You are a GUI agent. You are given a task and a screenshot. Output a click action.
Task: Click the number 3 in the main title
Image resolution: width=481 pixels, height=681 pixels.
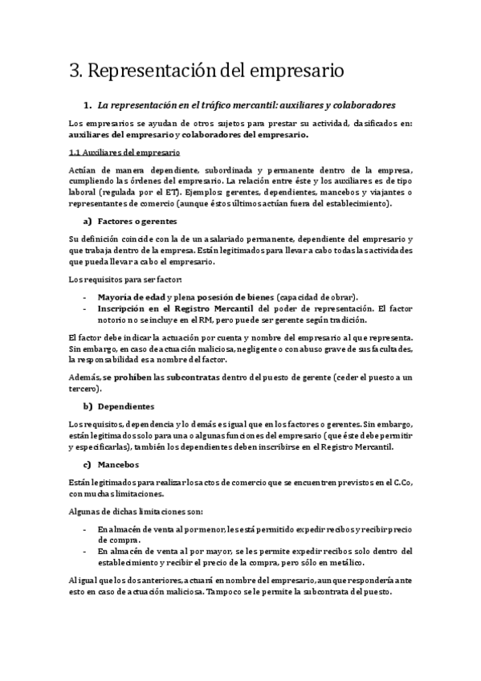75,71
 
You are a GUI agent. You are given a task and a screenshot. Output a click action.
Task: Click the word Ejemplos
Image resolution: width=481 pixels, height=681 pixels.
200,193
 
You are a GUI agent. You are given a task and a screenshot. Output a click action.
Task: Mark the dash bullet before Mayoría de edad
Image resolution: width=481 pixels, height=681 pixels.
85,296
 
